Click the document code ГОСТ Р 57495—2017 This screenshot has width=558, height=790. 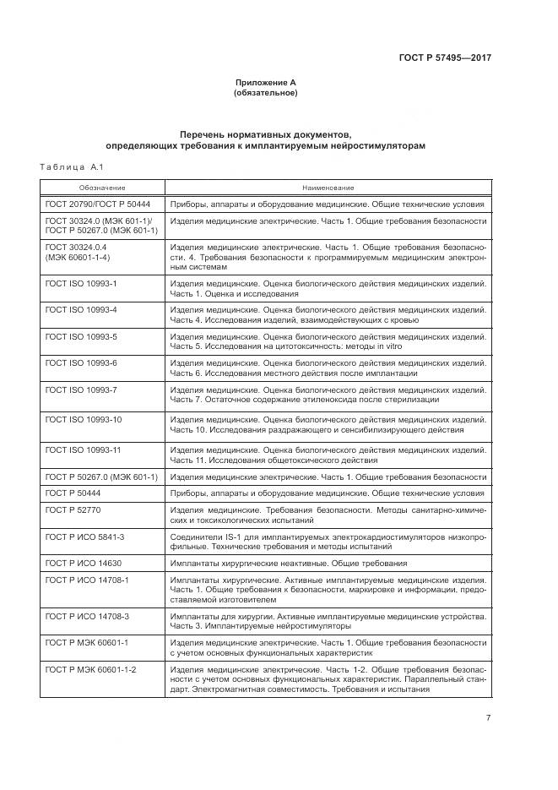coord(445,58)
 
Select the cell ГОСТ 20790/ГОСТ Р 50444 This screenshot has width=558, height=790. coord(97,204)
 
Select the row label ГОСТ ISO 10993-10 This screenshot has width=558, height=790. coord(84,419)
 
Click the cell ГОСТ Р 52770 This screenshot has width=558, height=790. coord(73,511)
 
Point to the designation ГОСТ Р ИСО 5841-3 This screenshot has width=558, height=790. coord(87,537)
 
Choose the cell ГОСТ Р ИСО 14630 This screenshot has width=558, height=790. coord(84,563)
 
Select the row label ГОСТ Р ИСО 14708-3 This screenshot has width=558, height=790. coord(87,616)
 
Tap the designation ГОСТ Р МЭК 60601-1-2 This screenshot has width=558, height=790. coord(90,669)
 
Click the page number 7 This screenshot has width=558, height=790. coord(488,718)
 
